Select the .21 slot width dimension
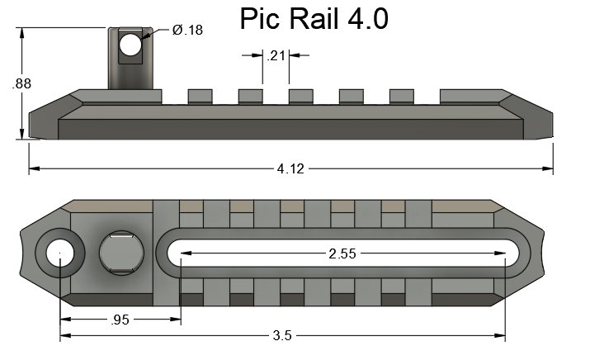tap(276, 56)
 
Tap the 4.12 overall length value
tap(290, 169)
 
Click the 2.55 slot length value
tap(342, 254)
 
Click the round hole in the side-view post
tap(130, 45)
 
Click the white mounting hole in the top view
tap(59, 254)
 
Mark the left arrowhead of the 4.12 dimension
tap(34, 169)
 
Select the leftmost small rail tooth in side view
tap(201, 96)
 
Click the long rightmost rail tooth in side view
tap(471, 96)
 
